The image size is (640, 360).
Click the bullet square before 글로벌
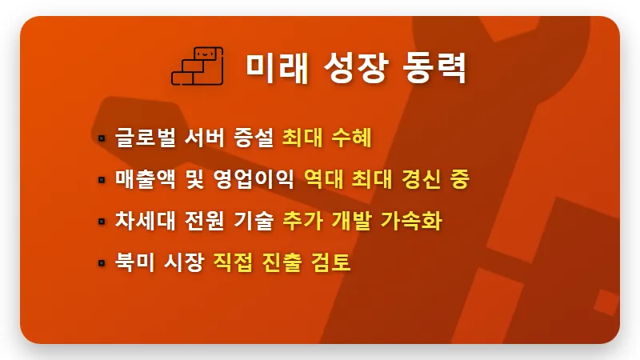pyautogui.click(x=102, y=138)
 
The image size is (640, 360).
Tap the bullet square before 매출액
pyautogui.click(x=102, y=180)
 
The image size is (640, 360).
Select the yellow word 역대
pyautogui.click(x=327, y=179)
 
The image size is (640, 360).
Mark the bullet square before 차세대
pyautogui.click(x=102, y=221)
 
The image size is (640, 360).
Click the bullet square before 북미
pyautogui.click(x=102, y=262)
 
